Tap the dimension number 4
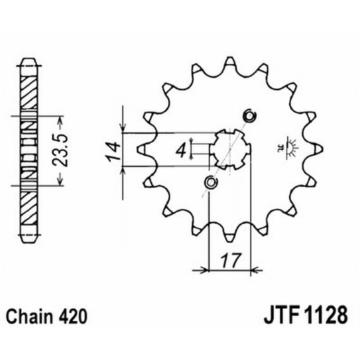(x=181, y=150)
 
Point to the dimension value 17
(x=230, y=260)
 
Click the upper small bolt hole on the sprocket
(x=249, y=116)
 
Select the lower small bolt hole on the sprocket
(x=210, y=182)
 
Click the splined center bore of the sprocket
(x=230, y=149)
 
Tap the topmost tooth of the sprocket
(x=230, y=61)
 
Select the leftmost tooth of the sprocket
(x=140, y=148)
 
